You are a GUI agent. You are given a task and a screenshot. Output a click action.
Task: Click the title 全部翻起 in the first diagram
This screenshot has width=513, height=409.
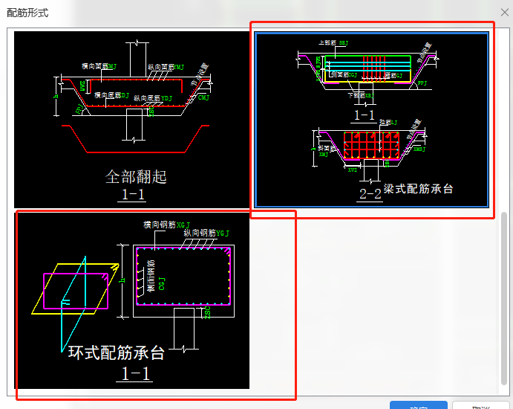pos(136,176)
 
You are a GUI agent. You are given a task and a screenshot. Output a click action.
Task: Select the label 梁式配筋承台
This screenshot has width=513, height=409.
pos(418,189)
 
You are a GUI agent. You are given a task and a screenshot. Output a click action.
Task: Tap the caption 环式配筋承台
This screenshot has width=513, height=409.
pos(116,353)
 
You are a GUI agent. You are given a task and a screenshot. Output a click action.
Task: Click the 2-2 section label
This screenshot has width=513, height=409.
pos(370,194)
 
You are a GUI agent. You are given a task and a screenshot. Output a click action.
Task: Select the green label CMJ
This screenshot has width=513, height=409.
pos(203,97)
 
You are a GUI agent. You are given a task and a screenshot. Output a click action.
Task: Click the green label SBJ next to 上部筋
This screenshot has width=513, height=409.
pos(343,43)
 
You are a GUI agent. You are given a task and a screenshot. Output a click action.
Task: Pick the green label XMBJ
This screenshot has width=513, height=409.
pos(419,149)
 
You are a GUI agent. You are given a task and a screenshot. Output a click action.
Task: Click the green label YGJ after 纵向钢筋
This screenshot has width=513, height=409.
pos(223,233)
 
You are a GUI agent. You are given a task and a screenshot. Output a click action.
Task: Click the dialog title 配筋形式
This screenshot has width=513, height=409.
pos(27,13)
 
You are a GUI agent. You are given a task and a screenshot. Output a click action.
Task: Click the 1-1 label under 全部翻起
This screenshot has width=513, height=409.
pos(133,195)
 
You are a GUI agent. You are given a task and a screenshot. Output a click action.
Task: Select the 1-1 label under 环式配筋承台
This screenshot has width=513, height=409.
pos(134,373)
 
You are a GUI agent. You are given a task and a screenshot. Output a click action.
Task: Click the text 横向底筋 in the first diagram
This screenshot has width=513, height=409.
pos(106,94)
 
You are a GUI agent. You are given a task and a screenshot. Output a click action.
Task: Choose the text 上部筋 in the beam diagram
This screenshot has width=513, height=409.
pos(326,43)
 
